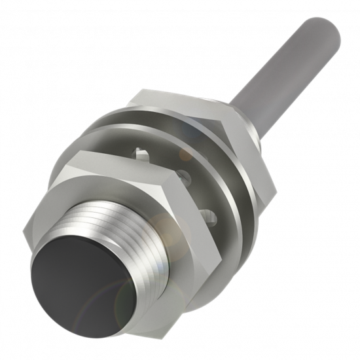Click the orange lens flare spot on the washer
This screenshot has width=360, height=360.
pos(188,154)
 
